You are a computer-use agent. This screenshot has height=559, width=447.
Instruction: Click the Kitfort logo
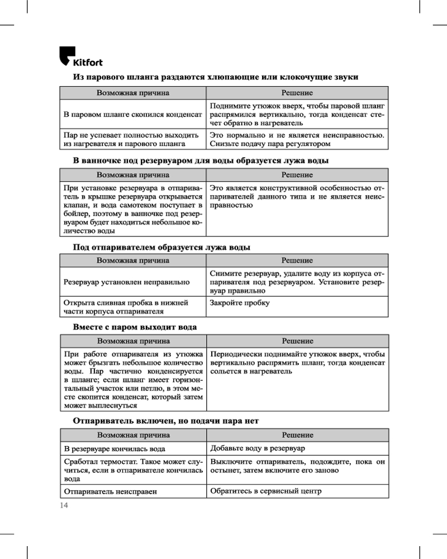(80, 57)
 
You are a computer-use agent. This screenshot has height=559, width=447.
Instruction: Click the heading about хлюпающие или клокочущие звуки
(216, 77)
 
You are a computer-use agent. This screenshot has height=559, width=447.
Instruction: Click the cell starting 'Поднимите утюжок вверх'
(297, 114)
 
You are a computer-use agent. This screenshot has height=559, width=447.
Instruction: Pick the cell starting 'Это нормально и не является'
(297, 139)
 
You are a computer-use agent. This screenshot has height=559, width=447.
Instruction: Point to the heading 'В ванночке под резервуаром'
(201, 160)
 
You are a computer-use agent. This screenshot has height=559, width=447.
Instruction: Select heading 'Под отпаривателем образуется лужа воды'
(162, 247)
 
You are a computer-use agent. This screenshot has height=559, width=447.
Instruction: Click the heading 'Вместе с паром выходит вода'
(135, 326)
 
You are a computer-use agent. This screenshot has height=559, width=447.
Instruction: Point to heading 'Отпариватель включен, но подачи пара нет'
(166, 421)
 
